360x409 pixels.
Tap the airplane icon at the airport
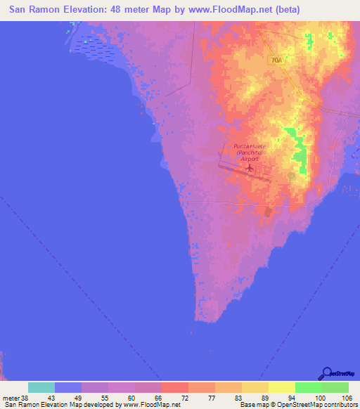pos(248,169)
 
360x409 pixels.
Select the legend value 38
pos(26,398)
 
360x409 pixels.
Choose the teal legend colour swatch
pos(41,387)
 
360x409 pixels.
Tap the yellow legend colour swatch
pos(281,387)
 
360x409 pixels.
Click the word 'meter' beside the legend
pos(11,398)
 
